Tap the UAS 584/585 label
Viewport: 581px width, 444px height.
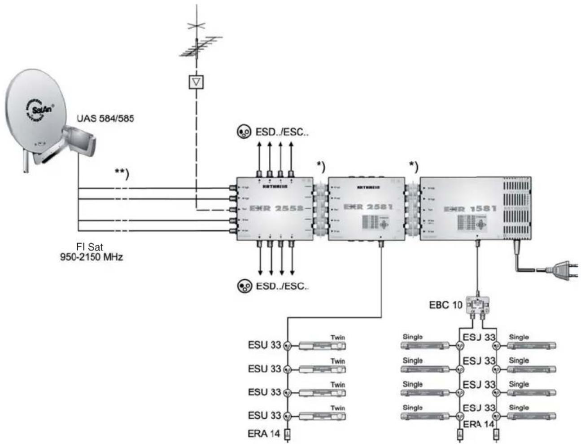coord(105,119)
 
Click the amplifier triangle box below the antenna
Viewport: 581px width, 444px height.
coord(197,81)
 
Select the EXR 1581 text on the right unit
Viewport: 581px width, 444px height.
coord(470,209)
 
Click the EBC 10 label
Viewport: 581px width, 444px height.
coord(445,305)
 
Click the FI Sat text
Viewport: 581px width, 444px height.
coord(91,247)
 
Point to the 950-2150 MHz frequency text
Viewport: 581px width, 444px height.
coord(92,257)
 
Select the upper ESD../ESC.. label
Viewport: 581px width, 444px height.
coord(282,132)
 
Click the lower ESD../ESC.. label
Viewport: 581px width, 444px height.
coord(282,286)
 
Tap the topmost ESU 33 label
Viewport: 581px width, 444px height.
coord(264,345)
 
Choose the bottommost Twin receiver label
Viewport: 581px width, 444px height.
coord(337,408)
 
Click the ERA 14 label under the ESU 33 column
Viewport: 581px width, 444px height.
coord(264,434)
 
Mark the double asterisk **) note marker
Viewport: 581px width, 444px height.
coord(122,174)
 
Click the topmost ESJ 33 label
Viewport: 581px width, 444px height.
coord(479,337)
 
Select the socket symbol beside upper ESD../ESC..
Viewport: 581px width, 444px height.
coord(244,132)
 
